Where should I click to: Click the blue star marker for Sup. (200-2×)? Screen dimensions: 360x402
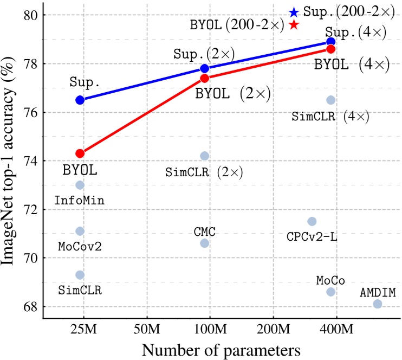[293, 12]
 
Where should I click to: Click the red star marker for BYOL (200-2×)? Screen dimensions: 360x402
[293, 25]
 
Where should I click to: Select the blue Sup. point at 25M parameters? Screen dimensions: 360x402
[80, 100]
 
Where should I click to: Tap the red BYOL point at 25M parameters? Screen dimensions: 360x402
[80, 153]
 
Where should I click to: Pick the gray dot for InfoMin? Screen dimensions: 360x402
[80, 185]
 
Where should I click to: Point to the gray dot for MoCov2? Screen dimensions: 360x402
[80, 231]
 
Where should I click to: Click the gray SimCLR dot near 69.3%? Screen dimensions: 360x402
[80, 275]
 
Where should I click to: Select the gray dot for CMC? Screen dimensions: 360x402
[205, 243]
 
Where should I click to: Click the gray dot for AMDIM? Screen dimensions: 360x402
[378, 304]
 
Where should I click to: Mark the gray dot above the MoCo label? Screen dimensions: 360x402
[331, 292]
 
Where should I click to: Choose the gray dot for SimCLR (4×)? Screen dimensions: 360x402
[331, 100]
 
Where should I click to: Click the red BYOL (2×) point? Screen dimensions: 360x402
[205, 78]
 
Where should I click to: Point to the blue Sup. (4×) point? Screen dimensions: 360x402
[331, 42]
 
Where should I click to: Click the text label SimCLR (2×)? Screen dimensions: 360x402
[204, 173]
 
